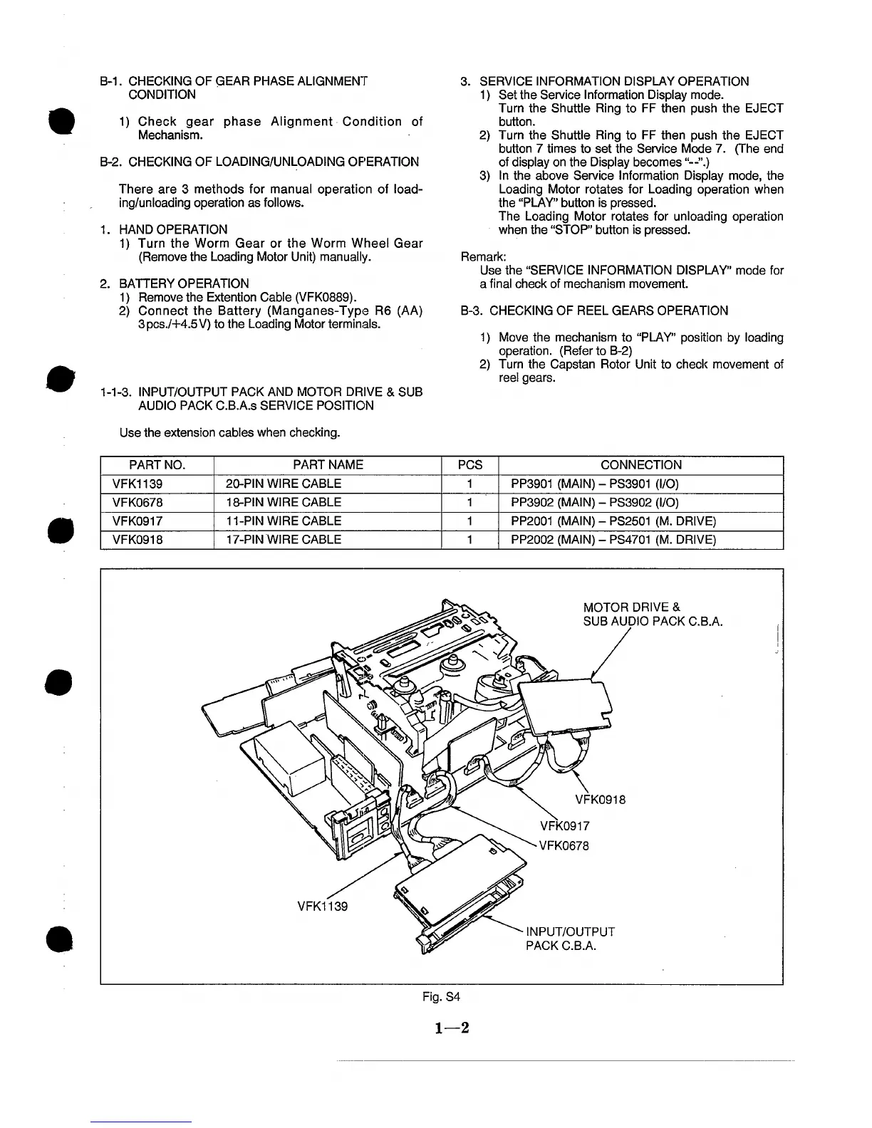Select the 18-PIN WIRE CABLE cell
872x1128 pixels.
point(283,503)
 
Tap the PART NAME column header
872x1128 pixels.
point(328,465)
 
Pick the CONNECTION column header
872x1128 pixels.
point(640,465)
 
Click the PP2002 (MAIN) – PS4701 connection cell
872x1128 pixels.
point(613,540)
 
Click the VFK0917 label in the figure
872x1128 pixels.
point(565,827)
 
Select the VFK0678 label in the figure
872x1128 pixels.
point(564,846)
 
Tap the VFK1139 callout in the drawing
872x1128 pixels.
point(322,907)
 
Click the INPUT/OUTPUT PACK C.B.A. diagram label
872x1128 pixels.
point(570,939)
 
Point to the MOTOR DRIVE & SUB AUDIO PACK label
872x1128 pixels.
point(653,615)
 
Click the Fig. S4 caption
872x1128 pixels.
point(440,997)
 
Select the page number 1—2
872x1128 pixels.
point(442,1028)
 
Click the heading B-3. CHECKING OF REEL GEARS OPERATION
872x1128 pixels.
point(595,310)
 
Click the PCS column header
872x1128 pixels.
point(469,465)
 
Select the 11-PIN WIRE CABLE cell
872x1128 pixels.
point(283,521)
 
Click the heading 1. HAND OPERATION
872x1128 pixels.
point(165,229)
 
